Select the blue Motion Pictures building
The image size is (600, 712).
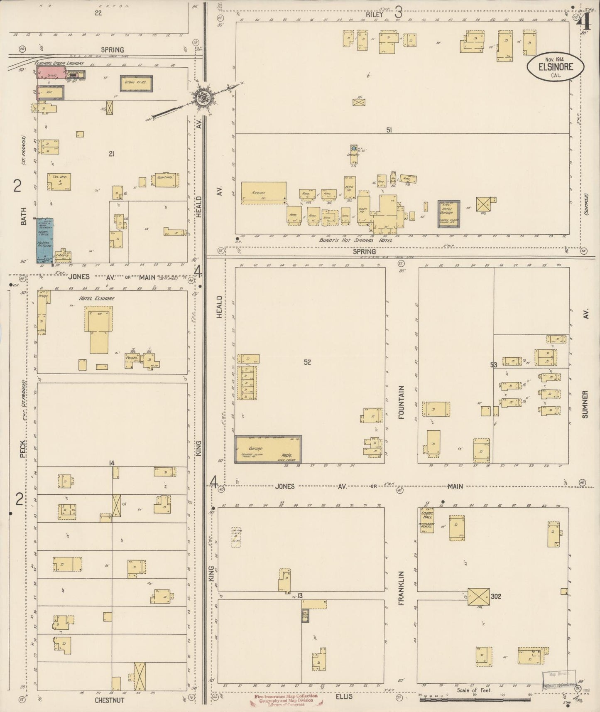click(x=44, y=241)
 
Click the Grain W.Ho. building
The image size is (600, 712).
click(x=136, y=83)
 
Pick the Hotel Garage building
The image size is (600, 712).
click(x=448, y=214)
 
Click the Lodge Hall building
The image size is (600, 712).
click(x=426, y=520)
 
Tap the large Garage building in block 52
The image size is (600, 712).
click(x=268, y=449)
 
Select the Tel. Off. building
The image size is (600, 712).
click(x=59, y=182)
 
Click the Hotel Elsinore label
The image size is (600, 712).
click(x=96, y=298)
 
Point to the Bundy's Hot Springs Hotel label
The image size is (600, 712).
click(x=355, y=240)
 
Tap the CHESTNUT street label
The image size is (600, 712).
click(x=109, y=700)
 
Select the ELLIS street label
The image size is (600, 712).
click(x=343, y=696)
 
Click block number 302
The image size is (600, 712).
click(x=496, y=596)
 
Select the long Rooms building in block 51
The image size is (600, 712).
click(x=263, y=193)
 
